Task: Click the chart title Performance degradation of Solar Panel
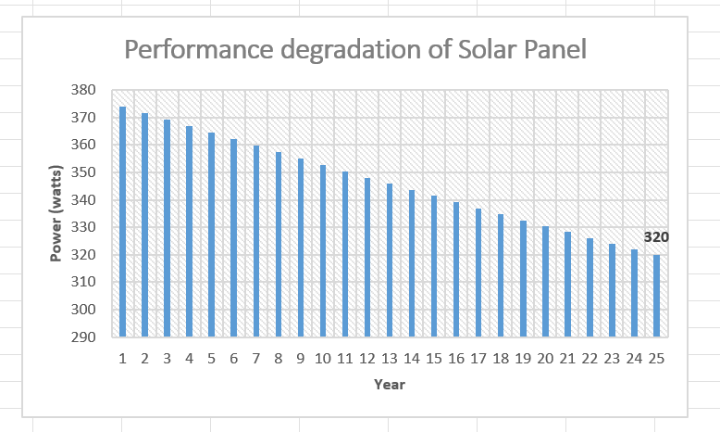[355, 49]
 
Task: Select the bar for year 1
[123, 222]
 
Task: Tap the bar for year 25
[657, 296]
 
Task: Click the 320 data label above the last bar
[656, 237]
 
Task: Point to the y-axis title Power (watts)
[56, 214]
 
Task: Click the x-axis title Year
[389, 384]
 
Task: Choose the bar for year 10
[323, 251]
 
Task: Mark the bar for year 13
[390, 260]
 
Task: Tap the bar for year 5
[212, 235]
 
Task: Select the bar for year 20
[545, 282]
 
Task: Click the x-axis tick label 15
[434, 358]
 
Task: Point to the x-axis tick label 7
[256, 358]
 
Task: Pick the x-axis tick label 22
[590, 358]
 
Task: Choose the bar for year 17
[478, 273]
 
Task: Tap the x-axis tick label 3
[168, 358]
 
